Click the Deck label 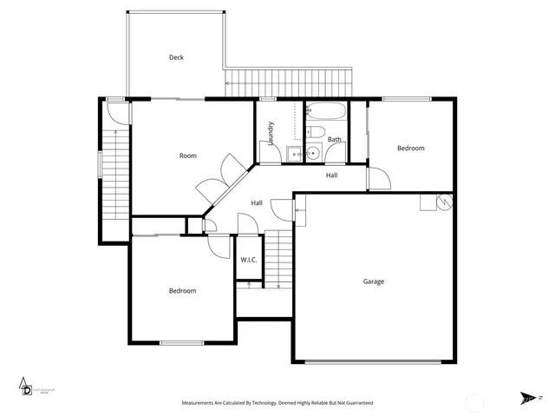point(176,57)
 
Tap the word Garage point(373,281)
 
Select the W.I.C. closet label point(247,260)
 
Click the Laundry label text point(271,132)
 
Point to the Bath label point(334,139)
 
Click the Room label point(187,156)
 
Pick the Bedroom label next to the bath point(410,149)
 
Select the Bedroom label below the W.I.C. point(182,291)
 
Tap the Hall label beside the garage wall point(257,203)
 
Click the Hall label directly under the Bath point(331,175)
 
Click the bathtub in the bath point(327,113)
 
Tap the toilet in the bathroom point(317,133)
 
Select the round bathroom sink point(314,155)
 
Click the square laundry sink point(294,155)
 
